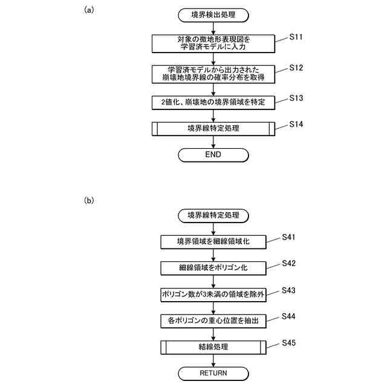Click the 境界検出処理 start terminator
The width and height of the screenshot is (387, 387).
pos(213,15)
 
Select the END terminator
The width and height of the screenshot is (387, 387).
pos(213,154)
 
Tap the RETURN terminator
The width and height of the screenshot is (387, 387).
pos(213,373)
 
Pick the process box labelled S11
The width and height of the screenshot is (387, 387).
pos(213,43)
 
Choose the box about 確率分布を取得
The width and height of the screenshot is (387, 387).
pos(213,73)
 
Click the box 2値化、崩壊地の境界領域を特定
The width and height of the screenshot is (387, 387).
pos(213,101)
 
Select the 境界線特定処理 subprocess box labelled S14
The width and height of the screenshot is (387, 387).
pos(213,128)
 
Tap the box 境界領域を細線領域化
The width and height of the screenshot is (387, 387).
pos(213,242)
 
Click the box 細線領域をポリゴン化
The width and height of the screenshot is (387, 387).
pos(213,268)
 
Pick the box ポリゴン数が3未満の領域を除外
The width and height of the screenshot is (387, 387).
pos(213,294)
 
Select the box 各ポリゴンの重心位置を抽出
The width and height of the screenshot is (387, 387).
pos(213,320)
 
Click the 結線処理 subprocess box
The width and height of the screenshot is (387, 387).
pos(213,347)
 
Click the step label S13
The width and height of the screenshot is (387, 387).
pos(296,97)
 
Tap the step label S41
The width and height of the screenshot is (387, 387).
pos(290,238)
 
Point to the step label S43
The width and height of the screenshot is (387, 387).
pos(290,290)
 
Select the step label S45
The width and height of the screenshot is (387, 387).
pos(290,343)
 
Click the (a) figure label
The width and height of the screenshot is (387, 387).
pos(89,10)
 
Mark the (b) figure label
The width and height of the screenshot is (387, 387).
pos(89,200)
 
